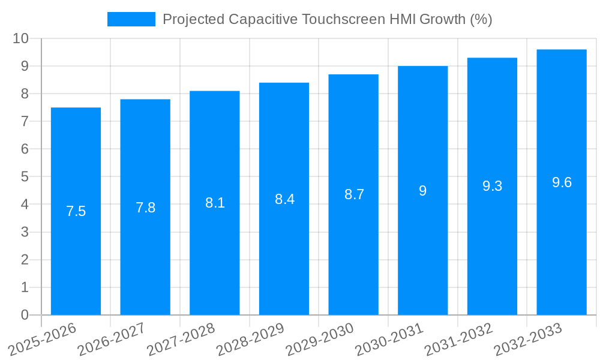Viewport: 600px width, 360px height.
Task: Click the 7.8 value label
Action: [x=145, y=208]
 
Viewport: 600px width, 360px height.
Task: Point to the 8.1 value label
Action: [x=215, y=203]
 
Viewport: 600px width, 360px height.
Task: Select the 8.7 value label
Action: [x=354, y=194]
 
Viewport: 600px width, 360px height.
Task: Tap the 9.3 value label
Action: [x=492, y=186]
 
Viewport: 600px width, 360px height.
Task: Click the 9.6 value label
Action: [x=562, y=182]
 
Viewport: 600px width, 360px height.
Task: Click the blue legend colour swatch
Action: [x=131, y=19]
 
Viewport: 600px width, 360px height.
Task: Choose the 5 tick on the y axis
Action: [x=25, y=176]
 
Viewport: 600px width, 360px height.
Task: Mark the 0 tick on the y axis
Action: [x=25, y=314]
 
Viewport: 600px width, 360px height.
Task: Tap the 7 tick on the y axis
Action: [x=25, y=121]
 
